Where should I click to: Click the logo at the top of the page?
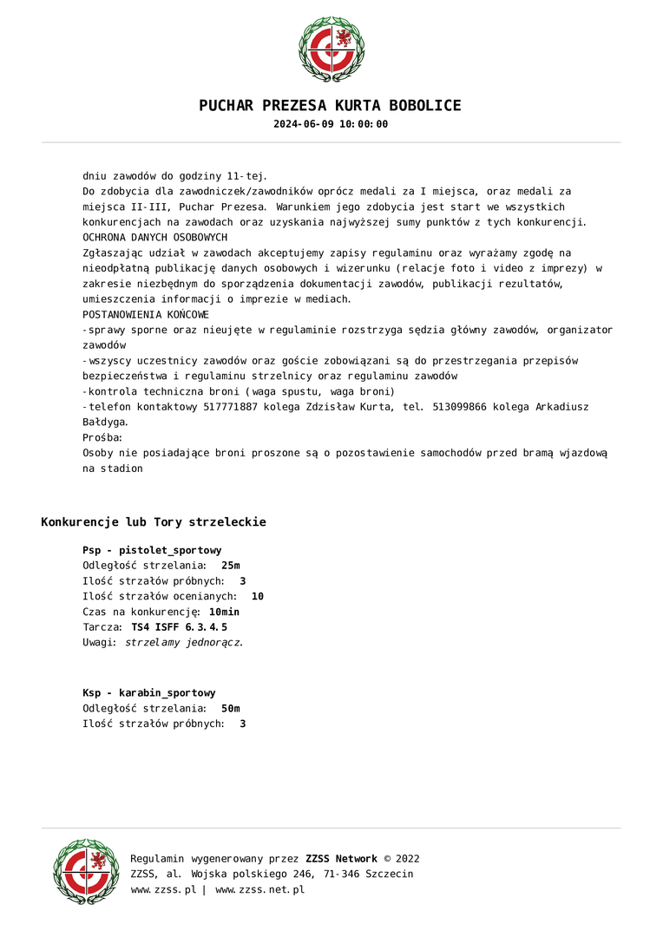[331, 49]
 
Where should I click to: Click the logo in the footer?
[86, 872]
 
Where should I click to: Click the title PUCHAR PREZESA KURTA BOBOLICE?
[331, 106]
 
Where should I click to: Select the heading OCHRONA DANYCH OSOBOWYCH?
[154, 237]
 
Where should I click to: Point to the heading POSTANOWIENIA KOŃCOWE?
[146, 314]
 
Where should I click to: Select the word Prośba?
[102, 438]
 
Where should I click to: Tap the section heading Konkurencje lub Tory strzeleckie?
[154, 522]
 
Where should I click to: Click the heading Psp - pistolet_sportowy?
[152, 550]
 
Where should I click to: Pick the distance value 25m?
[231, 566]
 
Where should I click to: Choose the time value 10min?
[224, 612]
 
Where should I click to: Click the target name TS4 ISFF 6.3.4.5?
[179, 627]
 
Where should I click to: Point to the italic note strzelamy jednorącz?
[184, 643]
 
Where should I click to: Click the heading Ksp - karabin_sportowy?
[149, 693]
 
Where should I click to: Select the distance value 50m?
[231, 709]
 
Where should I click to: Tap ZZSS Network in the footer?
[343, 859]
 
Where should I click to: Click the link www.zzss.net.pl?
[259, 890]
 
